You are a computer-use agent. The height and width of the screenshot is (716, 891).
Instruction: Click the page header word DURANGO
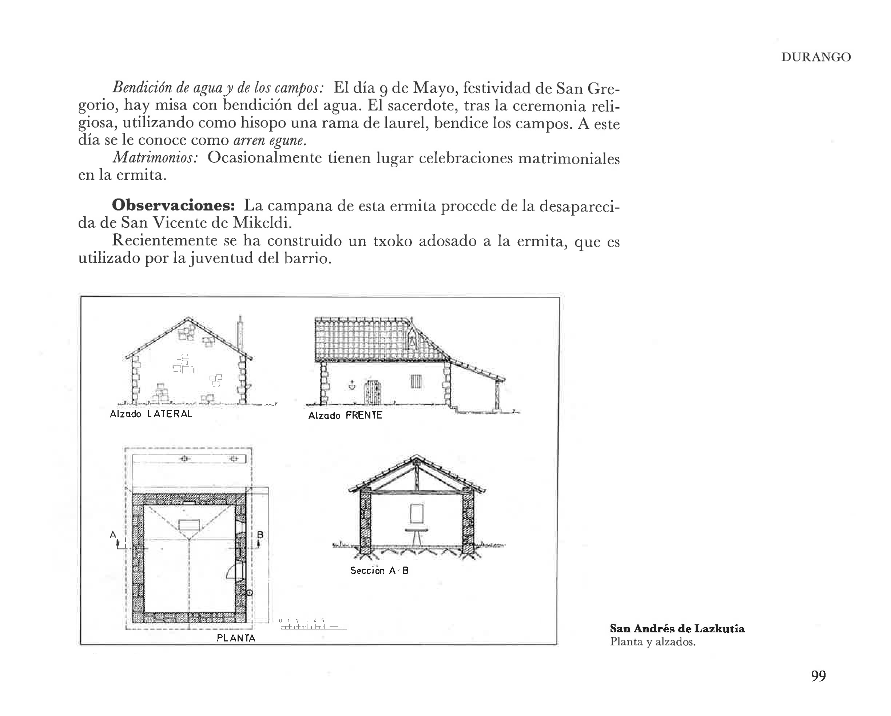coord(816,57)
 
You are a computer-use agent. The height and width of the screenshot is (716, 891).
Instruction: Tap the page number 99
coord(818,676)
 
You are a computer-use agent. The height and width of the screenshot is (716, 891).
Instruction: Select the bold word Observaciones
coord(173,205)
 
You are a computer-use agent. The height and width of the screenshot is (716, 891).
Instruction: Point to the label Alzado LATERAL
coord(151,414)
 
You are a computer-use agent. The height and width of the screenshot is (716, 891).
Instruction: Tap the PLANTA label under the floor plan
coord(236,638)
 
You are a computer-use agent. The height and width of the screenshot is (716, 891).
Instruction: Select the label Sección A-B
coord(379,571)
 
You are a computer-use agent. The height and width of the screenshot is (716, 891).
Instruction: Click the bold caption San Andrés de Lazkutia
coord(677,629)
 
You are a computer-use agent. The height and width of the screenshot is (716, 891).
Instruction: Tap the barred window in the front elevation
coord(417,381)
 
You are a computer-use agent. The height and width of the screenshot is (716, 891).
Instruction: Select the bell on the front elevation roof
coord(412,341)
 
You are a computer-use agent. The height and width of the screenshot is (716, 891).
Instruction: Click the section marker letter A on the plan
coord(113,535)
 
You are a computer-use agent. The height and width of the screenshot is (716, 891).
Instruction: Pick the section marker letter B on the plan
coord(260,535)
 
